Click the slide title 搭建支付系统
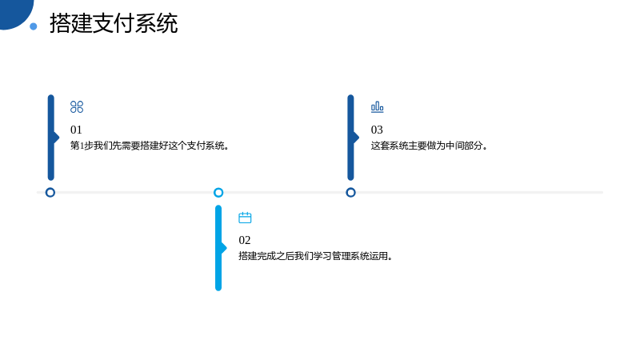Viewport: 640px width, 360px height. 114,23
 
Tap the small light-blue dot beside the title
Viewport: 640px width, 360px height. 34,26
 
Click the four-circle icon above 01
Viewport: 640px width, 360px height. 77,107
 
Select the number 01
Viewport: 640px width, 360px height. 76,130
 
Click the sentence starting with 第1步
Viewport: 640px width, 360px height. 150,146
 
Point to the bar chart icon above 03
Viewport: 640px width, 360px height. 377,107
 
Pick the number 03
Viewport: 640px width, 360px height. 377,130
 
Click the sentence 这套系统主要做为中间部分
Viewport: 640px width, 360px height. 429,146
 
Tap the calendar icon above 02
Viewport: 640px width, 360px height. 245,218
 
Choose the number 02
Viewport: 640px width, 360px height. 245,240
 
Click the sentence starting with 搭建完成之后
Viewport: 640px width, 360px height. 315,256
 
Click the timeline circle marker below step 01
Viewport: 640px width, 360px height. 50,192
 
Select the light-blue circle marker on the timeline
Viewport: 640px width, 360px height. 218,192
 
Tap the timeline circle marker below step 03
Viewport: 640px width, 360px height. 350,192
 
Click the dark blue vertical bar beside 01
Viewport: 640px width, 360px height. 51,138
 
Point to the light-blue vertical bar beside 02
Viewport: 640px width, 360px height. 218,248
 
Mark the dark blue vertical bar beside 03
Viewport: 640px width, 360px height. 350,138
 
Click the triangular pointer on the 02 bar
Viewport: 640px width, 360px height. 224,248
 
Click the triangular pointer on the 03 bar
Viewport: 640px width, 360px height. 356,138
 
